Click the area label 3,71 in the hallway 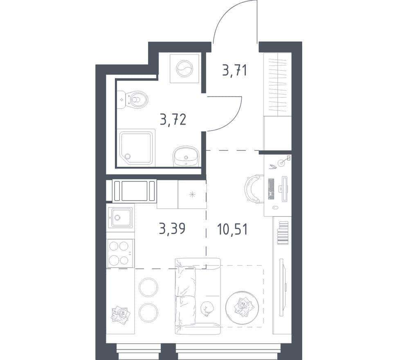coord(234,70)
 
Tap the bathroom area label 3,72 coord(173,119)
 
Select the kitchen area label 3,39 coord(172,229)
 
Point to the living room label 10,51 coord(232,229)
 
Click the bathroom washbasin coord(186,156)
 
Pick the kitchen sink coord(120,217)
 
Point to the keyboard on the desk coord(271,189)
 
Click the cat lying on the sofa coord(207,308)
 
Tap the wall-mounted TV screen coord(282,287)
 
